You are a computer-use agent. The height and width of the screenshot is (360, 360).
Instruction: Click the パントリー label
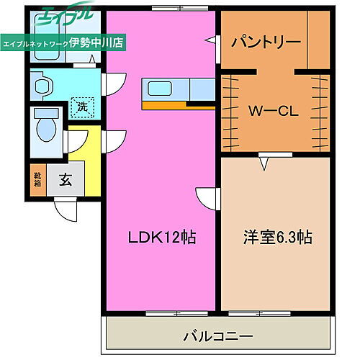[266, 42]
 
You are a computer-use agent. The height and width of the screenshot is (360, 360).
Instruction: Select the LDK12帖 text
[162, 237]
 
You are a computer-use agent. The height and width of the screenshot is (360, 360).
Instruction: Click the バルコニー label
[217, 336]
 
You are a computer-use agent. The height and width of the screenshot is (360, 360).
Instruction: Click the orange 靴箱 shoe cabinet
[38, 178]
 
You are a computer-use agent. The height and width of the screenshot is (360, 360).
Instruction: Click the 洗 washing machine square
[83, 108]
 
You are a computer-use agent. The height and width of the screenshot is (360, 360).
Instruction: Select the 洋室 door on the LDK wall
[207, 198]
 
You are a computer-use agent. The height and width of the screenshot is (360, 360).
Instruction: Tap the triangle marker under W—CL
[265, 164]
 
